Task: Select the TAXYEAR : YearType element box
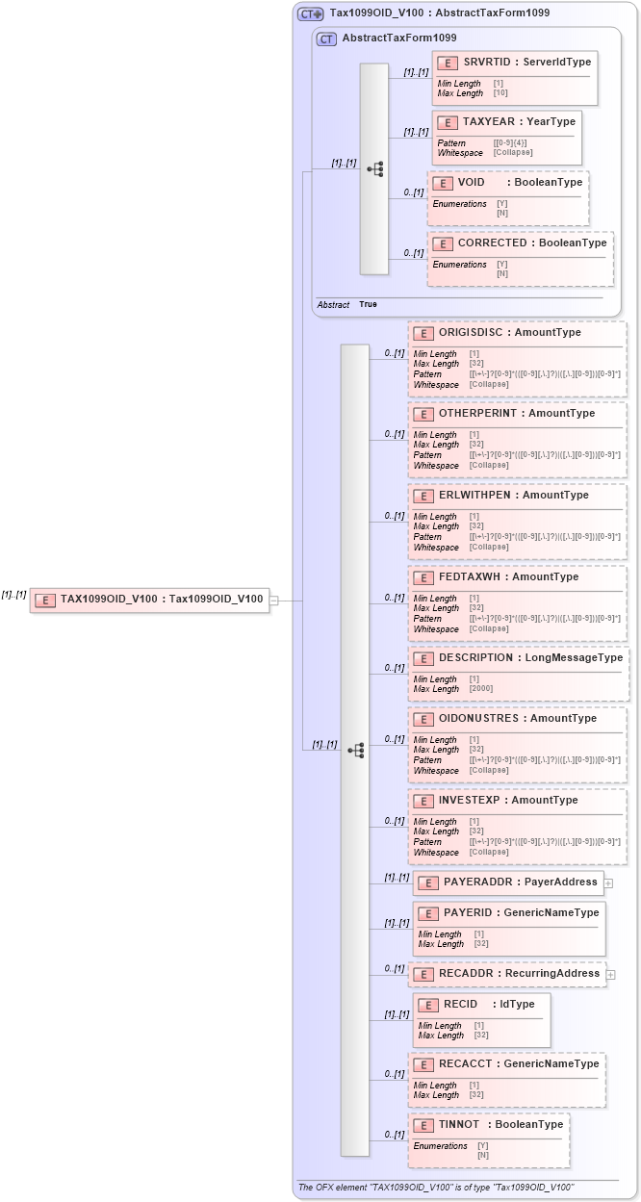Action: point(506,137)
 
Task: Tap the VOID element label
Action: point(471,182)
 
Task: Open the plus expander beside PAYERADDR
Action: point(608,882)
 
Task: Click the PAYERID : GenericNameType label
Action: point(521,912)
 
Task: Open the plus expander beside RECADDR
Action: point(612,975)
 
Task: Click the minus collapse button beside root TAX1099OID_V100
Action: point(274,601)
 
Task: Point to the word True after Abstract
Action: point(368,304)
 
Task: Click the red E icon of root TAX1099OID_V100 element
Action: point(44,600)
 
